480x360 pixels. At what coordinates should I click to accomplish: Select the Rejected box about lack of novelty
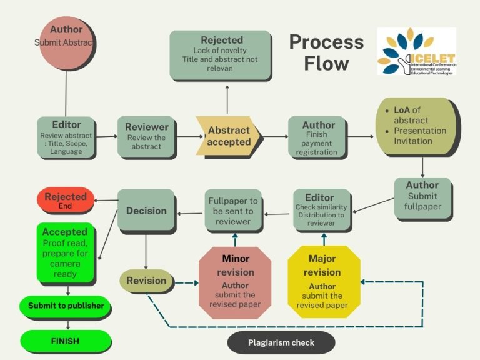point(221,56)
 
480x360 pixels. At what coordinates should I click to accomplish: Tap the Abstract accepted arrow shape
point(229,136)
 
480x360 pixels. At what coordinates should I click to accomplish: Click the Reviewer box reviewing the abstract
point(146,137)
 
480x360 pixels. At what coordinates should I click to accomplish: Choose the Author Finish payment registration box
point(317,137)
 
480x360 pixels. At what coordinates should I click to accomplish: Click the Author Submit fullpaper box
point(422,197)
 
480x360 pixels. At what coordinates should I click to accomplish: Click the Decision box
point(146,211)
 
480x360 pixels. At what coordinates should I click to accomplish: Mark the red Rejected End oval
point(65,201)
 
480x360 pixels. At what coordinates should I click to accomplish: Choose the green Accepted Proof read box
point(65,251)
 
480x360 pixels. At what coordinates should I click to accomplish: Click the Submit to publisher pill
point(65,306)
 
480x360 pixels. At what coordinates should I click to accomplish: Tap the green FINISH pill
point(65,341)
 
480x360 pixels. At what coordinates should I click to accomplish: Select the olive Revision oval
point(146,281)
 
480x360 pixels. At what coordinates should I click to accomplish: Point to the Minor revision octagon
point(236,281)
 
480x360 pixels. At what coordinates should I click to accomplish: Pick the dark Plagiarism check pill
point(281,342)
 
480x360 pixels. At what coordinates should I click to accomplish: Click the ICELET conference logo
point(416,52)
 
